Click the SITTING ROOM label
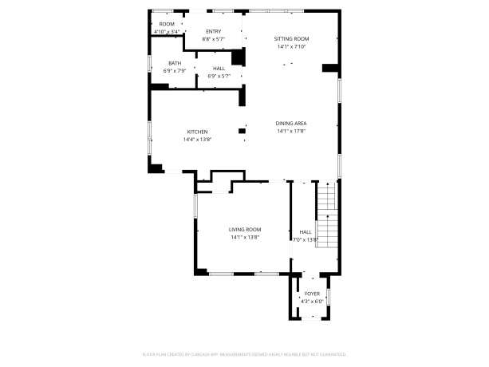click(x=292, y=39)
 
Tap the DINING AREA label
click(x=291, y=123)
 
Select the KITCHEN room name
click(x=197, y=132)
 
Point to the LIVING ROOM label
click(x=245, y=229)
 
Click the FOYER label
click(x=311, y=294)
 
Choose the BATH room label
click(x=174, y=63)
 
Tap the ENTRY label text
click(x=214, y=31)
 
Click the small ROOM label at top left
click(x=167, y=25)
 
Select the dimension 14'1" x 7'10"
click(x=292, y=47)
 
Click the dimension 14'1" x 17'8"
click(x=291, y=131)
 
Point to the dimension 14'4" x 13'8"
click(x=197, y=140)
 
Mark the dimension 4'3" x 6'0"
click(x=311, y=302)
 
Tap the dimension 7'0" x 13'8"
click(x=306, y=239)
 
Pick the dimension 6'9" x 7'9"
click(x=174, y=71)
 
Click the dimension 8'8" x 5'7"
click(x=214, y=38)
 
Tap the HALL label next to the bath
click(x=219, y=69)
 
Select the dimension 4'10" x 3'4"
click(x=167, y=32)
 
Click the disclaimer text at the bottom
click(x=244, y=353)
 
